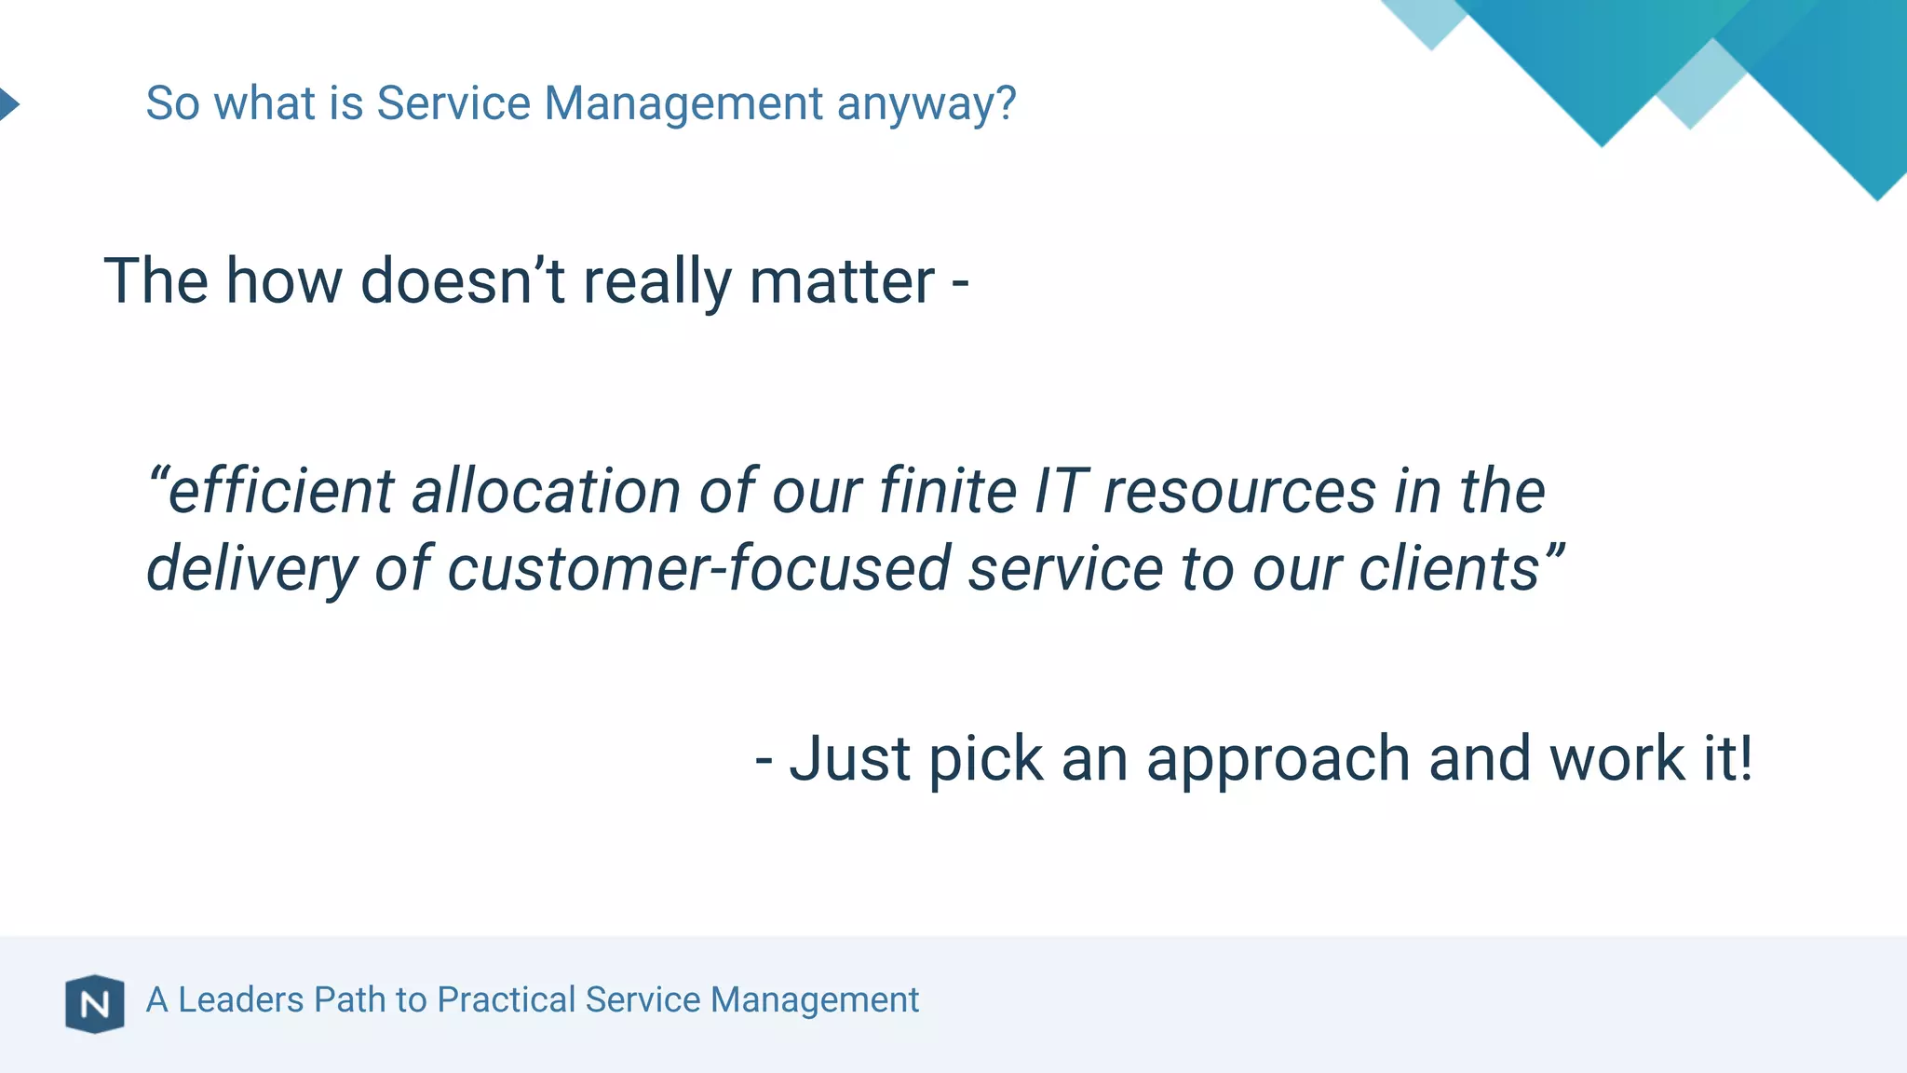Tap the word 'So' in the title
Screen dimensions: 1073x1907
172,103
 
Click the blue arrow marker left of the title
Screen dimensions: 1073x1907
8,103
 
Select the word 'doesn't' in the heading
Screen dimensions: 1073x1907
463,281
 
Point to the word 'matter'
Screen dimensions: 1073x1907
842,281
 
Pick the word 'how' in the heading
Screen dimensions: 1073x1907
284,281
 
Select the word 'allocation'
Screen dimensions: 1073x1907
547,491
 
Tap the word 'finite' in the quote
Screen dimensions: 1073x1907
948,491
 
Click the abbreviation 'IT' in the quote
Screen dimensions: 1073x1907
1061,491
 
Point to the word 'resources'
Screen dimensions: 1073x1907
1239,493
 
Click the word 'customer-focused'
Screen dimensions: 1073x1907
698,569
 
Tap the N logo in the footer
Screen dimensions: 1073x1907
95,1004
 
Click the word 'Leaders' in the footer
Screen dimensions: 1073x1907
241,999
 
